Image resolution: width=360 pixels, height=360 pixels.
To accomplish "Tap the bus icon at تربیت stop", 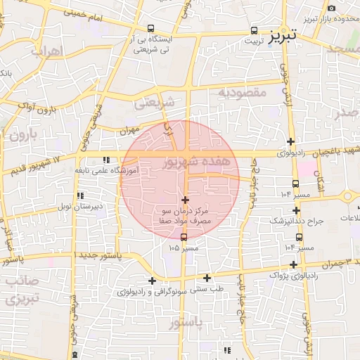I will pos(255,31).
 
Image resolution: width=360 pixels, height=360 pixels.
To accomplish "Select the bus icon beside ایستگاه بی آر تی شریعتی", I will pos(150,28).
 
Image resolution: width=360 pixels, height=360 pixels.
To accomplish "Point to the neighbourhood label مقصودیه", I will pos(240,93).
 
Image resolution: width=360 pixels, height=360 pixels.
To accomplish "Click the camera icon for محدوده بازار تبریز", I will pos(331,8).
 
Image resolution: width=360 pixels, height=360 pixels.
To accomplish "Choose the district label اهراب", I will pos(47,51).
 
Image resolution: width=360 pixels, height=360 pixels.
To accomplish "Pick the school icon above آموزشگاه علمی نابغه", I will pos(106,160).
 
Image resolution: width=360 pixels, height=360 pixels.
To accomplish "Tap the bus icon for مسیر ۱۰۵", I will pos(184,237).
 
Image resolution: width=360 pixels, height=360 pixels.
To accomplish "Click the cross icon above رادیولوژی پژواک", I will pos(293,264).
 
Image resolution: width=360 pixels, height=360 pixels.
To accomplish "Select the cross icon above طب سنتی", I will pos(207,278).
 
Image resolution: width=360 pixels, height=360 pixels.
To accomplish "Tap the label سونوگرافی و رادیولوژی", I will pos(153,290).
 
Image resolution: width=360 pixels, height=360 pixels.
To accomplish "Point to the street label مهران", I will pos(129,131).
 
